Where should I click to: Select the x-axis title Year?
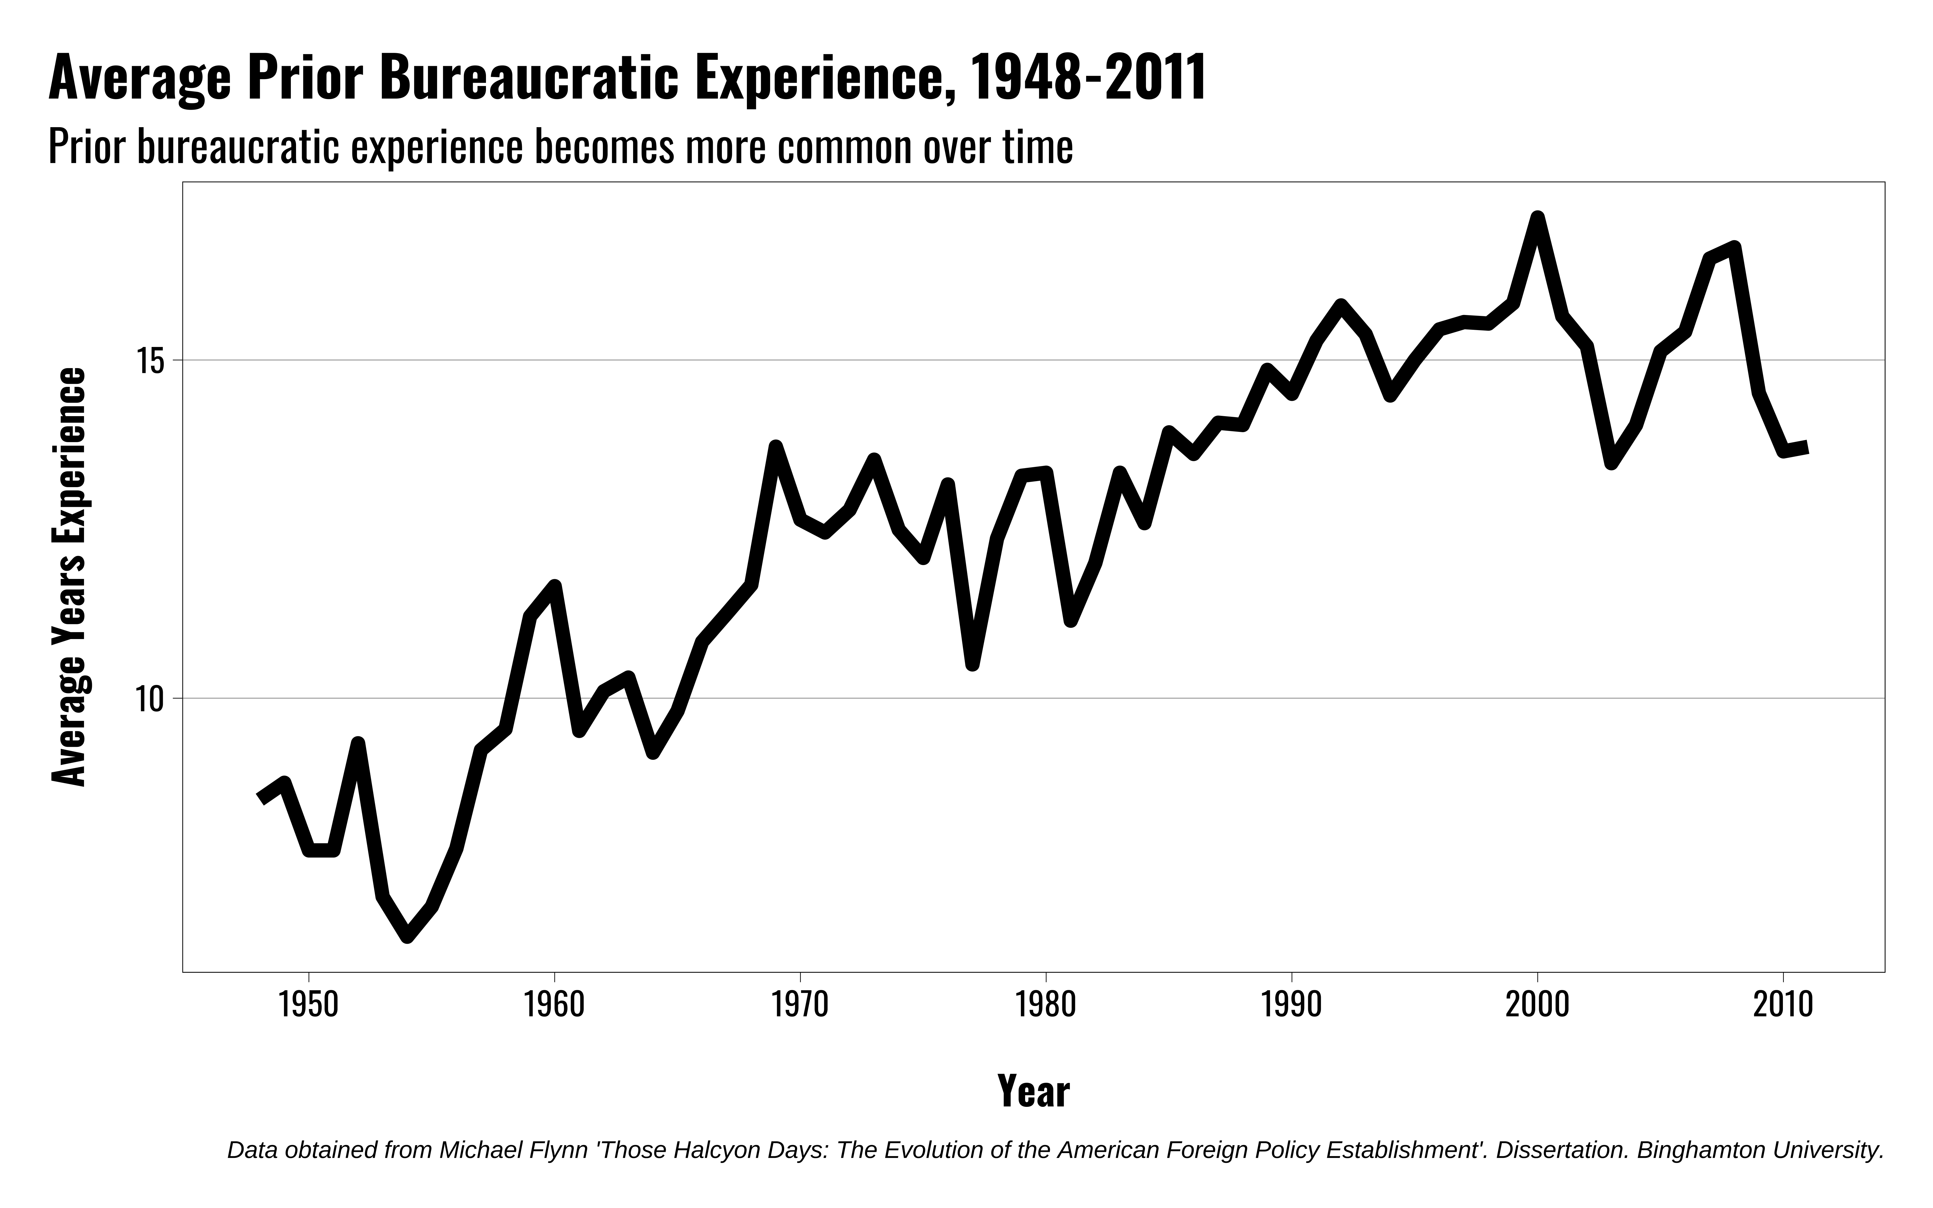coord(1034,1091)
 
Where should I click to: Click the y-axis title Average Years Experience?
coord(69,577)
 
